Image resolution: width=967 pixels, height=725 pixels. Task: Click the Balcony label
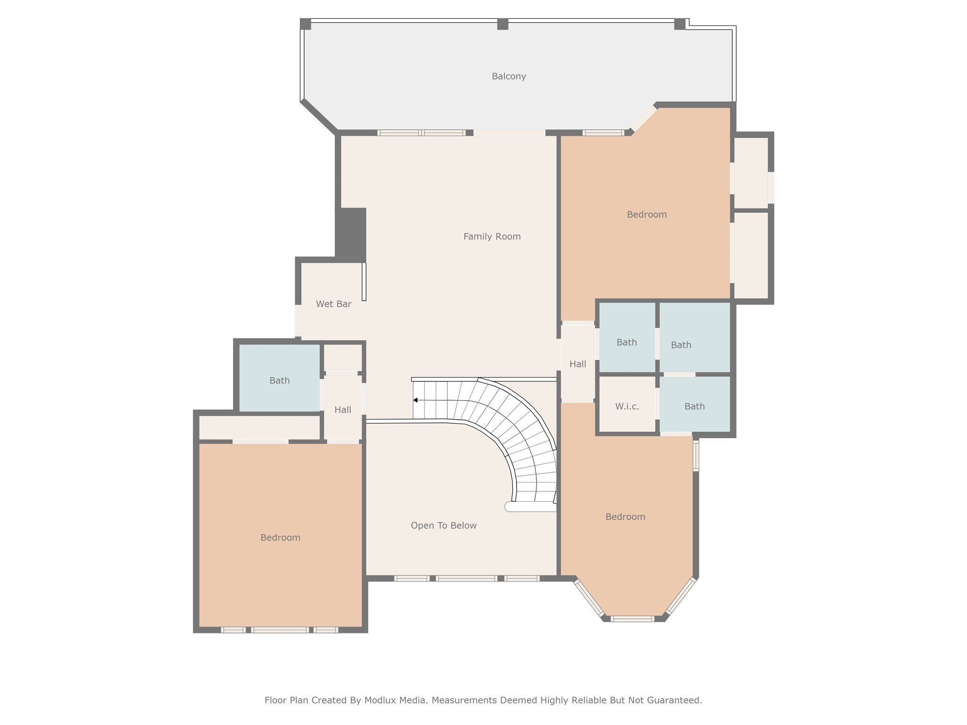509,76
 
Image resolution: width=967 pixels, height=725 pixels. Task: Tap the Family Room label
492,236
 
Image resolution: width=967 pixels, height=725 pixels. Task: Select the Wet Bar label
333,304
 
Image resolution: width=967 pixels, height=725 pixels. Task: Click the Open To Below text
443,525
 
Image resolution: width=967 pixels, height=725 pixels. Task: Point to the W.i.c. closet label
627,406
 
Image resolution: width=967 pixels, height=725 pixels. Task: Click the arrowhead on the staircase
415,400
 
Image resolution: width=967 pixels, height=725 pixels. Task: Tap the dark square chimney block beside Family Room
351,234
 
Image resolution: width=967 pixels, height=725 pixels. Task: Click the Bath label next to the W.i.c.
694,406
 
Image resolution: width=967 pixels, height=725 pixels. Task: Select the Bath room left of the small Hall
279,380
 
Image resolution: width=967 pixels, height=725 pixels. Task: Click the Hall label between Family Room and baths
577,364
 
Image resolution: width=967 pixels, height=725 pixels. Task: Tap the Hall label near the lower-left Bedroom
342,410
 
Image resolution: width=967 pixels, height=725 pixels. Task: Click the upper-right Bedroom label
646,214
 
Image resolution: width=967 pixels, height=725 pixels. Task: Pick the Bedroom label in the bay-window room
625,517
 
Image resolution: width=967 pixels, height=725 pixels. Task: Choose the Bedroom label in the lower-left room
280,538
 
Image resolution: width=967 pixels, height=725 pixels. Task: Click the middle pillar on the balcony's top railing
502,24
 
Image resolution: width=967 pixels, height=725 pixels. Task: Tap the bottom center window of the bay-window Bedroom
632,618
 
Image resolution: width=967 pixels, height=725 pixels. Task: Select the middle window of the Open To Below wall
466,578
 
